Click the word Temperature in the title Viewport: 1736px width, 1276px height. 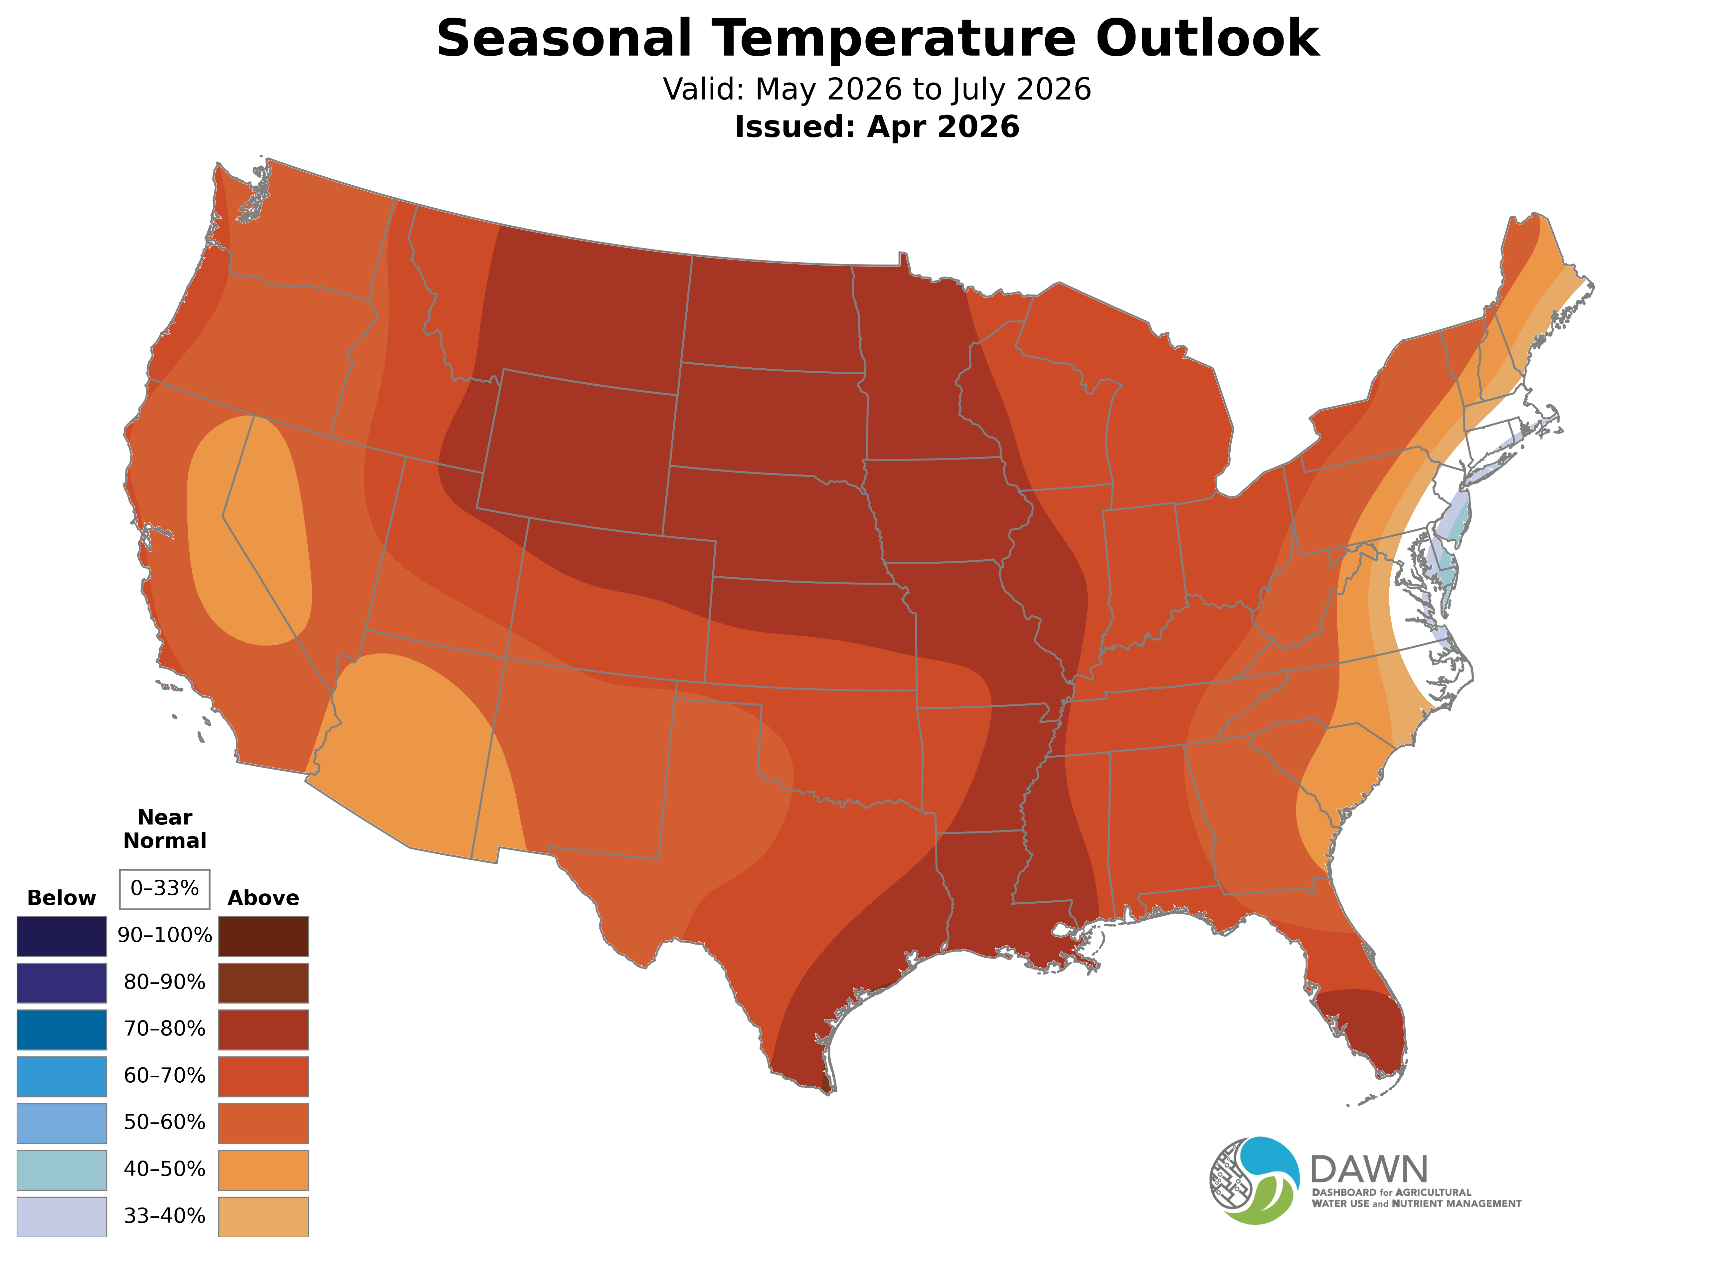click(894, 39)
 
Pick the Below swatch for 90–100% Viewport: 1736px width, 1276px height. click(62, 936)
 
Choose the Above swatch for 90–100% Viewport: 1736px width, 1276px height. click(263, 936)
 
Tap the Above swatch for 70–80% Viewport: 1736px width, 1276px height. click(263, 1029)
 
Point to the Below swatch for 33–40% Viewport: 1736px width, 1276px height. click(62, 1216)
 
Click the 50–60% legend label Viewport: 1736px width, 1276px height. click(164, 1122)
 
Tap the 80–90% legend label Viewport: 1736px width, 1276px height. click(164, 983)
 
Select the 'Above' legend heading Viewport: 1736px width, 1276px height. click(263, 898)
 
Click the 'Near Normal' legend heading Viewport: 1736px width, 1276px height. click(164, 829)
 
